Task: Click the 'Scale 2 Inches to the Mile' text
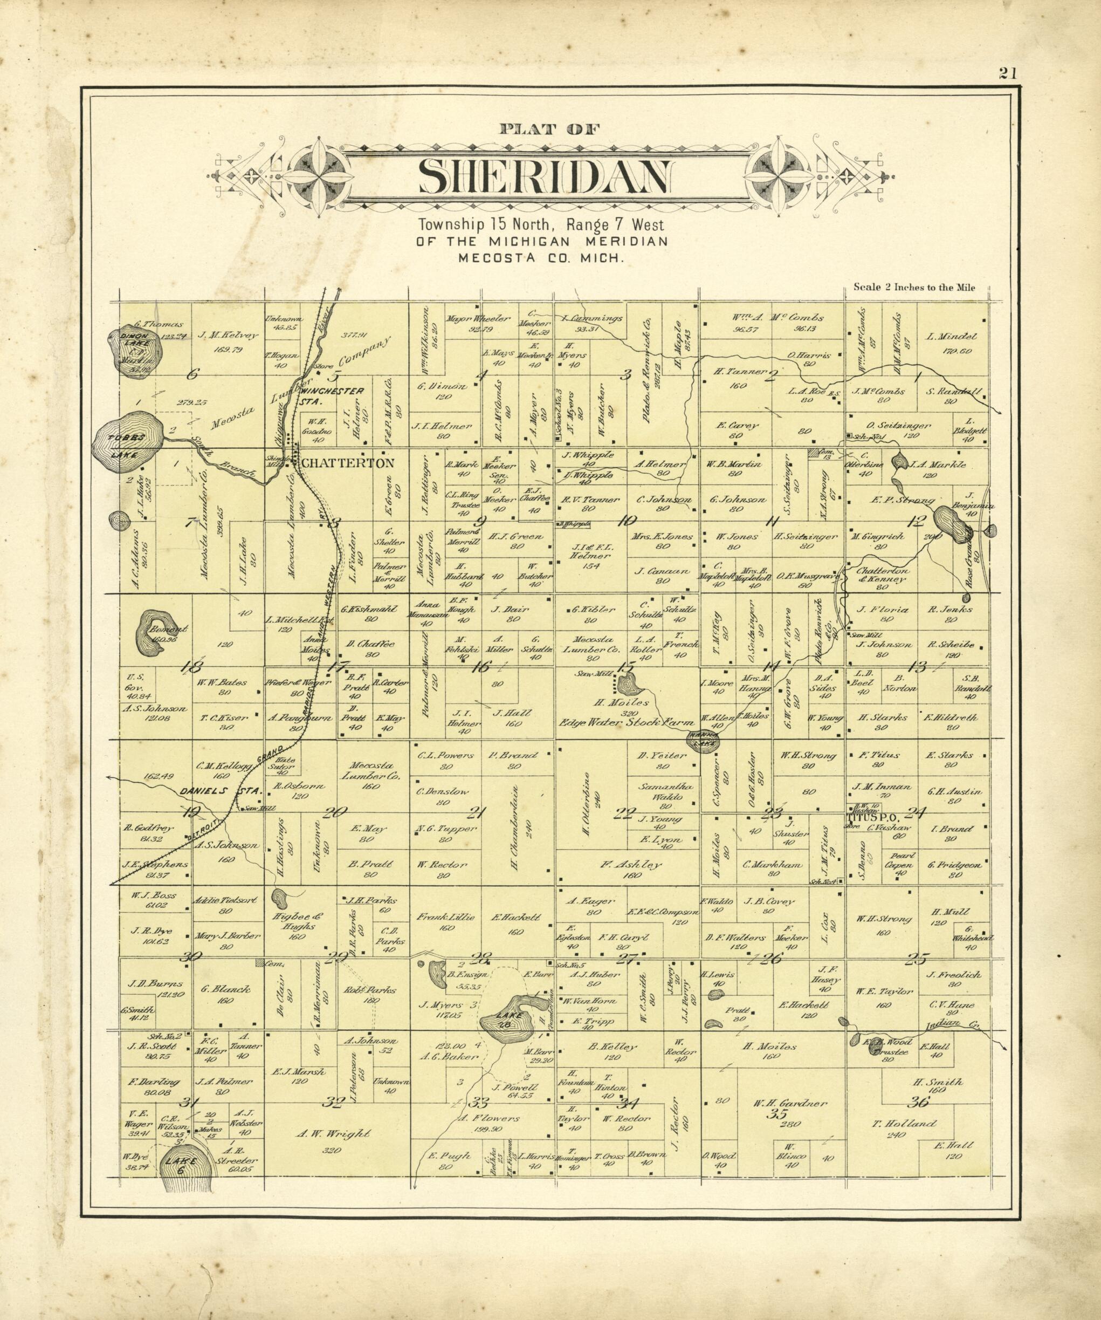(914, 288)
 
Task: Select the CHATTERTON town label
(348, 463)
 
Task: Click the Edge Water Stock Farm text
(626, 722)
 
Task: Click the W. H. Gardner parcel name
(780, 1103)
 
